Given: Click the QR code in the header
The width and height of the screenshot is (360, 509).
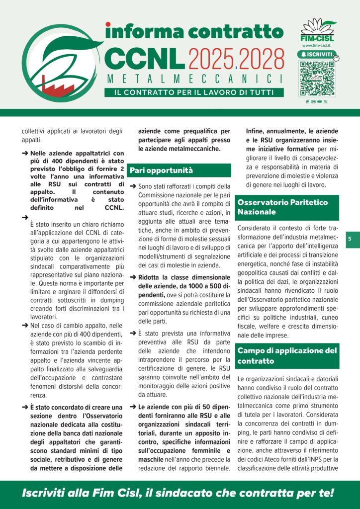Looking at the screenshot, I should coord(317,79).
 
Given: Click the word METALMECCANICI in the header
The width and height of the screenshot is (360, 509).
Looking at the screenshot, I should coord(194,80).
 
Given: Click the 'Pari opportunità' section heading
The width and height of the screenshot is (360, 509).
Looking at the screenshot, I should coord(161,170).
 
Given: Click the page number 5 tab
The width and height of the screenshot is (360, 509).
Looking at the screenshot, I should coord(350,239).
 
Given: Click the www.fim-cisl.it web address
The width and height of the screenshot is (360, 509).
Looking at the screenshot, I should coord(317,45).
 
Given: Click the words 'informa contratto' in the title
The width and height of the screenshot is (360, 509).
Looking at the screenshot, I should coord(194,31).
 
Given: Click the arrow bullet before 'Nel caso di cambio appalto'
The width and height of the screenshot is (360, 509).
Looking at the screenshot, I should coord(25,325).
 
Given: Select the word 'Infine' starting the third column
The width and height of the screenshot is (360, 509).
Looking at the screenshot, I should coord(256,132).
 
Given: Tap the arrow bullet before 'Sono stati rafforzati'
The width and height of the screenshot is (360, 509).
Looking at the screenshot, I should coord(133,186).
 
